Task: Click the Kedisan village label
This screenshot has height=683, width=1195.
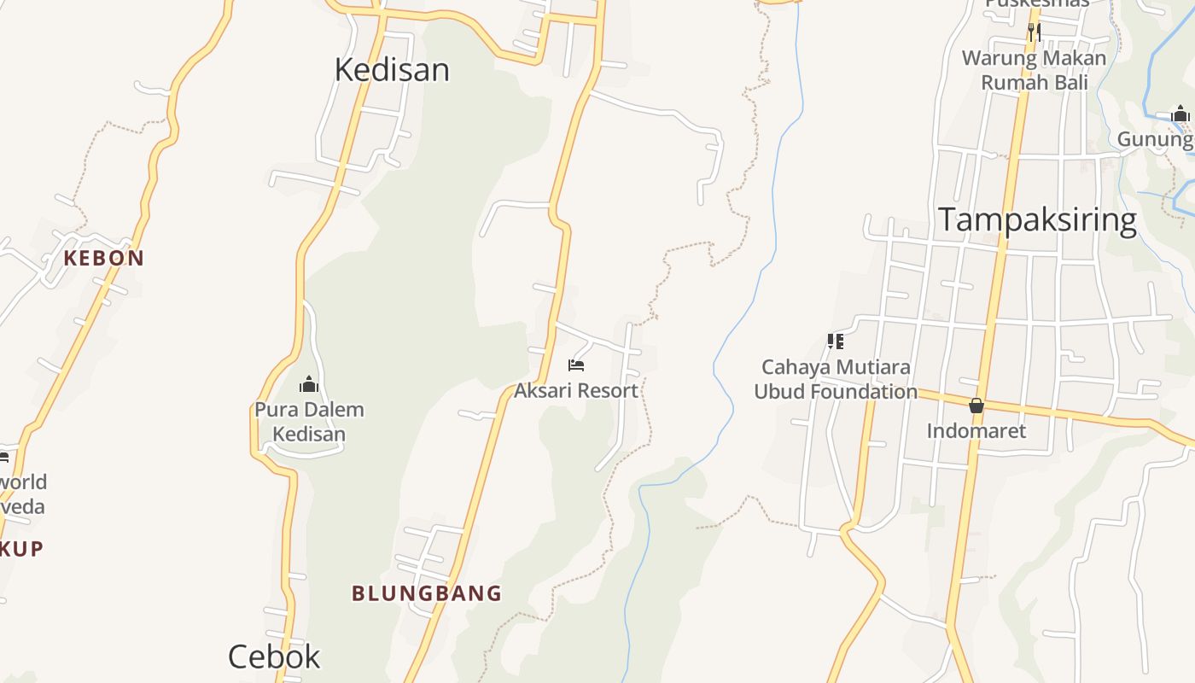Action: (392, 69)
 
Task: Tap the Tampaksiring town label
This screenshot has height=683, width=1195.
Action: (1037, 220)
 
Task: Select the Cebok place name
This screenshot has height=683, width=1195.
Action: (274, 657)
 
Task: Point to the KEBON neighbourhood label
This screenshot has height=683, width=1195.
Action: (104, 258)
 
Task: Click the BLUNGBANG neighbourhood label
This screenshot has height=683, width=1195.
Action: (427, 593)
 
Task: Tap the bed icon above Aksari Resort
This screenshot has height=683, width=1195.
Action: (576, 365)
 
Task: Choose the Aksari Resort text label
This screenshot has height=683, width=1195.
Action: (576, 391)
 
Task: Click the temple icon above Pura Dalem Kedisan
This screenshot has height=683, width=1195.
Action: (309, 385)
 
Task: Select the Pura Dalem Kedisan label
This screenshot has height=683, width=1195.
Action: (309, 422)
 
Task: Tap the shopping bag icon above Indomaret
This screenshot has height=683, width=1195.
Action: (976, 406)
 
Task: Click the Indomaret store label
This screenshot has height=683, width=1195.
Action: (976, 430)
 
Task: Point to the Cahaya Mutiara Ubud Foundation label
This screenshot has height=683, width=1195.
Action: (836, 379)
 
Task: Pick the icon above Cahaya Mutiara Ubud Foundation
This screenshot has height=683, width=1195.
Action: (836, 341)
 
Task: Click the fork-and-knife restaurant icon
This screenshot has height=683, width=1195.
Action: (1034, 32)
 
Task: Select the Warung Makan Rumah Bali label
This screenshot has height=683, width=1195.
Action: (1034, 70)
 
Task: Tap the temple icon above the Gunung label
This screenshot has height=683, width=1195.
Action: (1180, 114)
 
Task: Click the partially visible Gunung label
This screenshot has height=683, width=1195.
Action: (1156, 139)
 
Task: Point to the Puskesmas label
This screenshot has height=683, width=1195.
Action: (1037, 3)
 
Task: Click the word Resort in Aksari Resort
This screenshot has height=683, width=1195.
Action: (607, 391)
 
